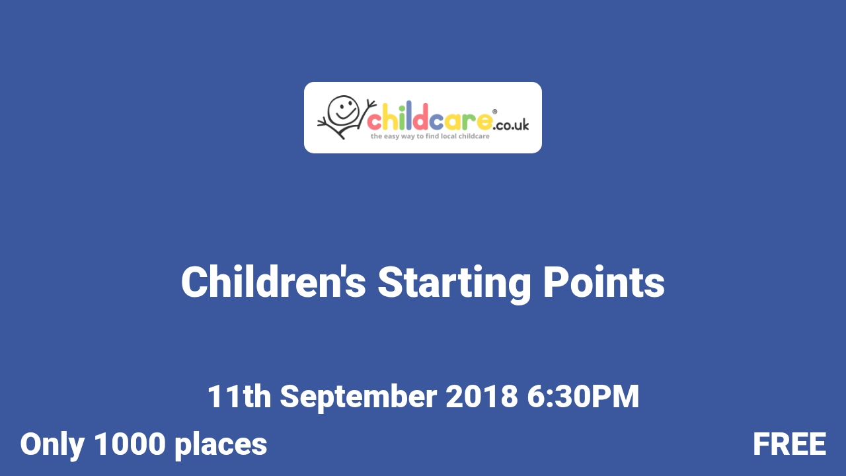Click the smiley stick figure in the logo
point(342,117)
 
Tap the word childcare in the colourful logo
point(429,121)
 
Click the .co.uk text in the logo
point(511,124)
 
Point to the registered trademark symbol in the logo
point(494,112)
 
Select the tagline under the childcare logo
point(429,136)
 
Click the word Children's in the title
point(273,282)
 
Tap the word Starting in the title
point(455,282)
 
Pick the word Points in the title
point(603,282)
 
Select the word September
point(358,397)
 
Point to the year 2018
point(481,397)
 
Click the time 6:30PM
point(583,397)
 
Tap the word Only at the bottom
point(52,444)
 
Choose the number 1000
point(130,444)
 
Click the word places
point(221,444)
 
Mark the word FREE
point(789,444)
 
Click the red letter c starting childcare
point(374,122)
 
